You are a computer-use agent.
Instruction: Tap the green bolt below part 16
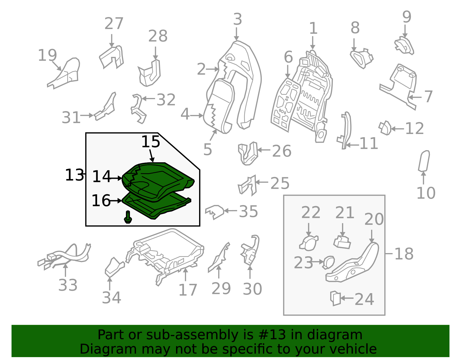point(128,217)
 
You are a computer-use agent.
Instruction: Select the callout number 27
point(114,24)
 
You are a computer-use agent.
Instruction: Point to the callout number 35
point(248,211)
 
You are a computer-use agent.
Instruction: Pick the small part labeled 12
point(385,128)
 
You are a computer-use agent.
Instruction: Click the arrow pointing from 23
point(318,262)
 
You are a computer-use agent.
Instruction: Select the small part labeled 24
point(335,298)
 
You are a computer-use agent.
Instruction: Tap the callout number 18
point(404,254)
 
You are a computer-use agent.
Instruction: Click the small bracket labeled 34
point(115,267)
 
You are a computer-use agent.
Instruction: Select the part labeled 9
point(404,46)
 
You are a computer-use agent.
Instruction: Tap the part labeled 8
point(362,58)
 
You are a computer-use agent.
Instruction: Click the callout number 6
point(288,57)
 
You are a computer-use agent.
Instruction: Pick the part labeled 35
point(214,212)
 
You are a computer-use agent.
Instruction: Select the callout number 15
point(151,142)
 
